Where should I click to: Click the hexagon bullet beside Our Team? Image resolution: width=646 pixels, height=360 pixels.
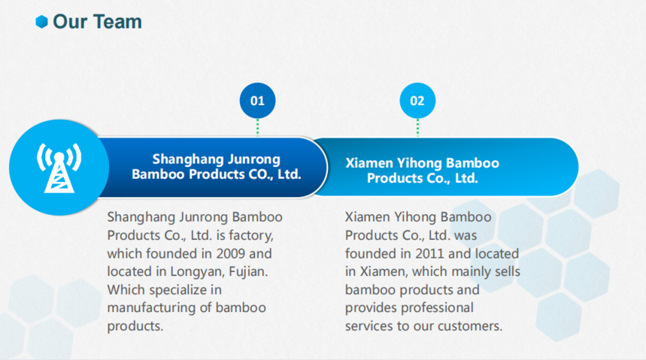point(41,22)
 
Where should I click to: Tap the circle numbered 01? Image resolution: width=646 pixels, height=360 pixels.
point(257,101)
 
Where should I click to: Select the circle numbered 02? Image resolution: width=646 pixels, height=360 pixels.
point(417,101)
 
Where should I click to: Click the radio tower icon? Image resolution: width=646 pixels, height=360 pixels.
point(59,168)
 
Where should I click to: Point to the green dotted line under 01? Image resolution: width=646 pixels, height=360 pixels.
point(257,127)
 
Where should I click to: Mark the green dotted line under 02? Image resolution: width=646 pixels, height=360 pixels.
point(417,127)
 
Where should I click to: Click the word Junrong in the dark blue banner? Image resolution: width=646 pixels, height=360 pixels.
point(253,159)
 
